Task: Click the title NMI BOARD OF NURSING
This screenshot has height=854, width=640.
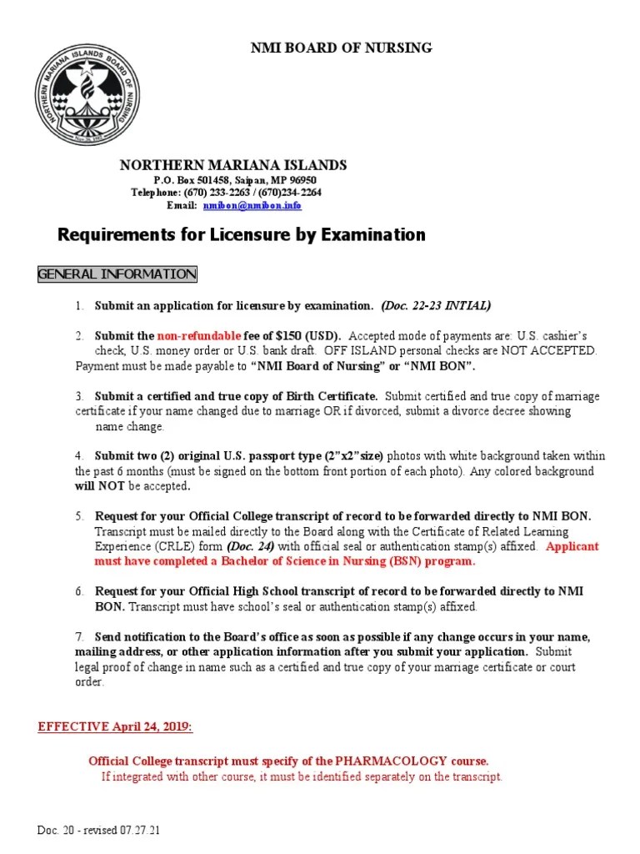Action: click(x=342, y=48)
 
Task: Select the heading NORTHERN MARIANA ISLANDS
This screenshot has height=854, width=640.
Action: click(x=233, y=165)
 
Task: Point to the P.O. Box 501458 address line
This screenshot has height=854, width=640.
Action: click(x=235, y=180)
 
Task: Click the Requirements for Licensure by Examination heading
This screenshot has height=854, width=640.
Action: click(x=241, y=234)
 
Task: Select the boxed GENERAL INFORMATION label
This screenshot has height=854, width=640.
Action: click(x=117, y=274)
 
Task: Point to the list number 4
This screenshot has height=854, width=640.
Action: click(x=79, y=456)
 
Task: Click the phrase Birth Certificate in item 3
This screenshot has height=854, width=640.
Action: click(x=327, y=396)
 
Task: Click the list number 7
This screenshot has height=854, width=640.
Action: click(x=79, y=636)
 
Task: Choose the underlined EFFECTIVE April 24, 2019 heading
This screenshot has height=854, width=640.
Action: click(x=115, y=727)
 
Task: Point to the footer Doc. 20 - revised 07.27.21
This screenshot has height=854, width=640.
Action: click(x=98, y=831)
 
